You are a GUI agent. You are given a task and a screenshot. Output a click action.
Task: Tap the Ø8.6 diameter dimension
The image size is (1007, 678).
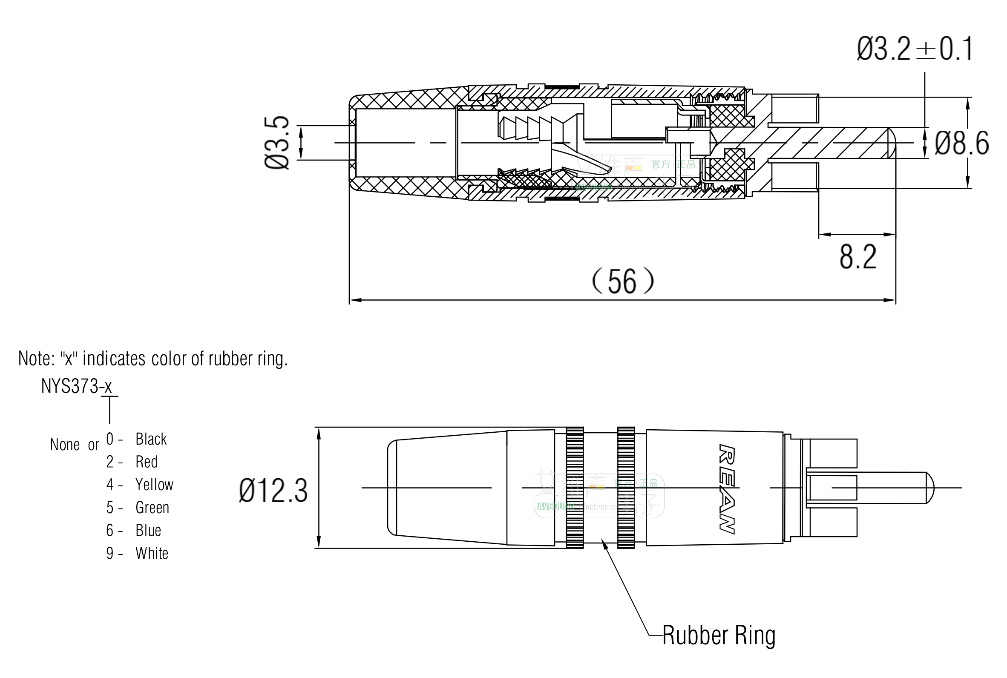(961, 143)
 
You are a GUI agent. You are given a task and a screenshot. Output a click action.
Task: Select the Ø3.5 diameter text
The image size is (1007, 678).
(277, 143)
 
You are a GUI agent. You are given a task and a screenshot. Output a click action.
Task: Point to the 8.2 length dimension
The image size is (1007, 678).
(858, 257)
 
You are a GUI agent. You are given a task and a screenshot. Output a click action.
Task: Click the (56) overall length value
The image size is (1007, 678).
(623, 282)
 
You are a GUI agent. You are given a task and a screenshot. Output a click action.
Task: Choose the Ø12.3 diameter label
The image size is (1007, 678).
(273, 491)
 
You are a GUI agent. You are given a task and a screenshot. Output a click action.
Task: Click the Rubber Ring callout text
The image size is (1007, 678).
(719, 635)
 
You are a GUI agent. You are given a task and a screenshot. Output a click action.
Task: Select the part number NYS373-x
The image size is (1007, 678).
(77, 386)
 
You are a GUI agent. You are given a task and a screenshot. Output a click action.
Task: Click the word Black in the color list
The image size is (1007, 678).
(151, 440)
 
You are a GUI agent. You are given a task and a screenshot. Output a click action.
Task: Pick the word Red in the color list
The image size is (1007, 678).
(147, 462)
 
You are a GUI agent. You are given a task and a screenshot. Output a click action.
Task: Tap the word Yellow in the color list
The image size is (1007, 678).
(154, 485)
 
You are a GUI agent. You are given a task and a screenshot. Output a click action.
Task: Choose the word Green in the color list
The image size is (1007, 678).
(152, 508)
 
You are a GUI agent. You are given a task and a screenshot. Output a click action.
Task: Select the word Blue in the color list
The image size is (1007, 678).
(148, 531)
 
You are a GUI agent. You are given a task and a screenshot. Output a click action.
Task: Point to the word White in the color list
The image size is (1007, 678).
(152, 554)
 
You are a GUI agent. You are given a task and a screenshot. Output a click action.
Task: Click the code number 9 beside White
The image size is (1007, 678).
(110, 554)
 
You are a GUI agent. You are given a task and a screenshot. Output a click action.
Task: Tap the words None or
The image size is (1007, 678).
(75, 445)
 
